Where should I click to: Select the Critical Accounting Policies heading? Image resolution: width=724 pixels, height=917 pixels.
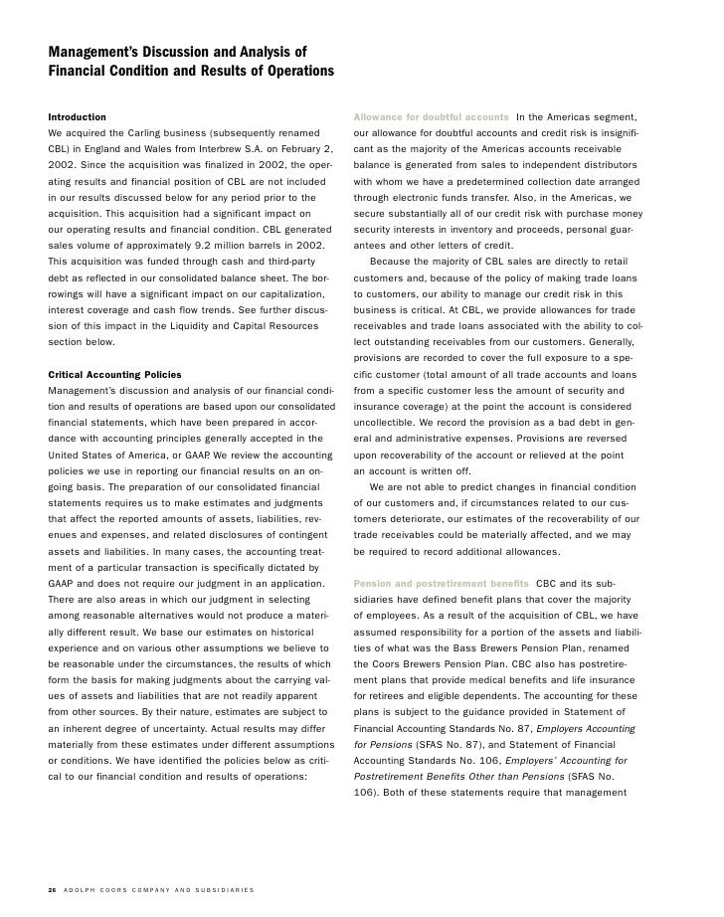(114, 375)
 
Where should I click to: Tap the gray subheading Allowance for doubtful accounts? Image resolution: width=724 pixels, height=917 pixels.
(431, 118)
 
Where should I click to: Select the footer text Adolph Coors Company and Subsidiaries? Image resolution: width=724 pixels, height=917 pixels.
(159, 888)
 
